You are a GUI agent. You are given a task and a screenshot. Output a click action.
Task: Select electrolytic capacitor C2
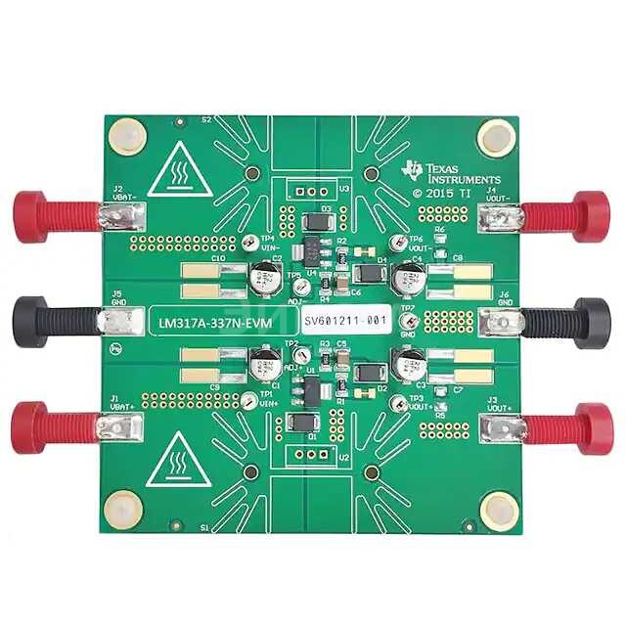pyautogui.click(x=263, y=279)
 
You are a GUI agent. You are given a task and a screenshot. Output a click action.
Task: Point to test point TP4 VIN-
pyautogui.click(x=252, y=241)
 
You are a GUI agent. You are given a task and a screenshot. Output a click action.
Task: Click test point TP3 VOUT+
pyautogui.click(x=397, y=403)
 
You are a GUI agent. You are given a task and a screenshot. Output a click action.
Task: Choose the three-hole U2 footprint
pyautogui.click(x=311, y=455)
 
